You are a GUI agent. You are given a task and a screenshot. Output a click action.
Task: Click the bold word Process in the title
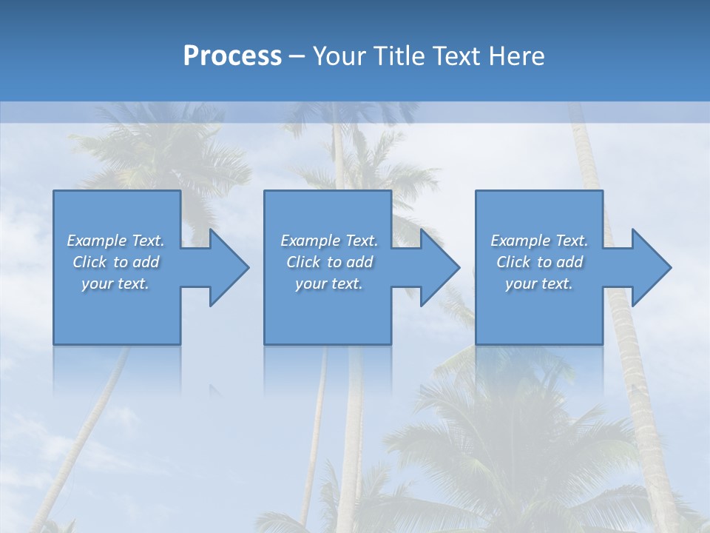point(232,56)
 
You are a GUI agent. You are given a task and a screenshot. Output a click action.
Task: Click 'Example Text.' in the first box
point(115,241)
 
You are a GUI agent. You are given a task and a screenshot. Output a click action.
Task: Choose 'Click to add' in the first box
point(115,262)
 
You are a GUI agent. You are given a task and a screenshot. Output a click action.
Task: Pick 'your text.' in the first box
point(115,284)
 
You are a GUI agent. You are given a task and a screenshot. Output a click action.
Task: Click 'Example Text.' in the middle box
point(329,241)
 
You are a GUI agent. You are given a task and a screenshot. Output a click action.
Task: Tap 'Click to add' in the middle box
point(329,262)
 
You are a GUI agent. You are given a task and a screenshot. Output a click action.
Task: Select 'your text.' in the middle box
point(329,284)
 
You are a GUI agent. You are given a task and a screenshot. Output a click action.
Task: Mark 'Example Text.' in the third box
point(539,241)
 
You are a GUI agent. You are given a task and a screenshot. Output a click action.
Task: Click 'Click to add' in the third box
point(539,262)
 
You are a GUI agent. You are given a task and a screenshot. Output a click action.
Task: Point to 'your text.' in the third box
point(539,284)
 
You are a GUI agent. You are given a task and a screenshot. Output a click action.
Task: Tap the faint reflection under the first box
point(117,366)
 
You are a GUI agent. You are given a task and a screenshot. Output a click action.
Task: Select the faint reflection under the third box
point(539,366)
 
